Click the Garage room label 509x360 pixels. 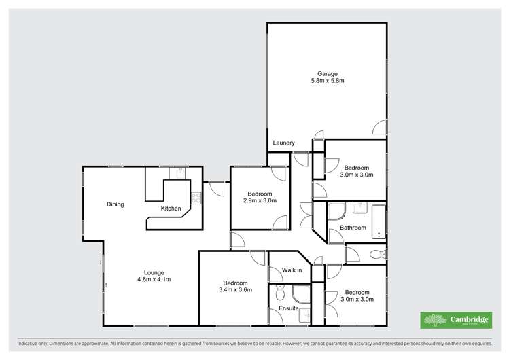click(x=327, y=74)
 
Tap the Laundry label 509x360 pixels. click(x=283, y=143)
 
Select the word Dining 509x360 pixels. click(x=115, y=204)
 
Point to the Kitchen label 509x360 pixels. click(x=171, y=209)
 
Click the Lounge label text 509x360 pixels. click(x=144, y=272)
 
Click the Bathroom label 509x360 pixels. click(x=353, y=228)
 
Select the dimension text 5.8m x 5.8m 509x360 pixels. click(x=327, y=82)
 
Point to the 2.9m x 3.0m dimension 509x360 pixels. click(x=260, y=200)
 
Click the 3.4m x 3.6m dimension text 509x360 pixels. click(x=235, y=290)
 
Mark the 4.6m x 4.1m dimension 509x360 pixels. click(x=144, y=280)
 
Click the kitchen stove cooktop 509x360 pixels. click(x=196, y=198)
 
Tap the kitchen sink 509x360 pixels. click(x=177, y=174)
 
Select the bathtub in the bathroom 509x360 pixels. click(x=376, y=221)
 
